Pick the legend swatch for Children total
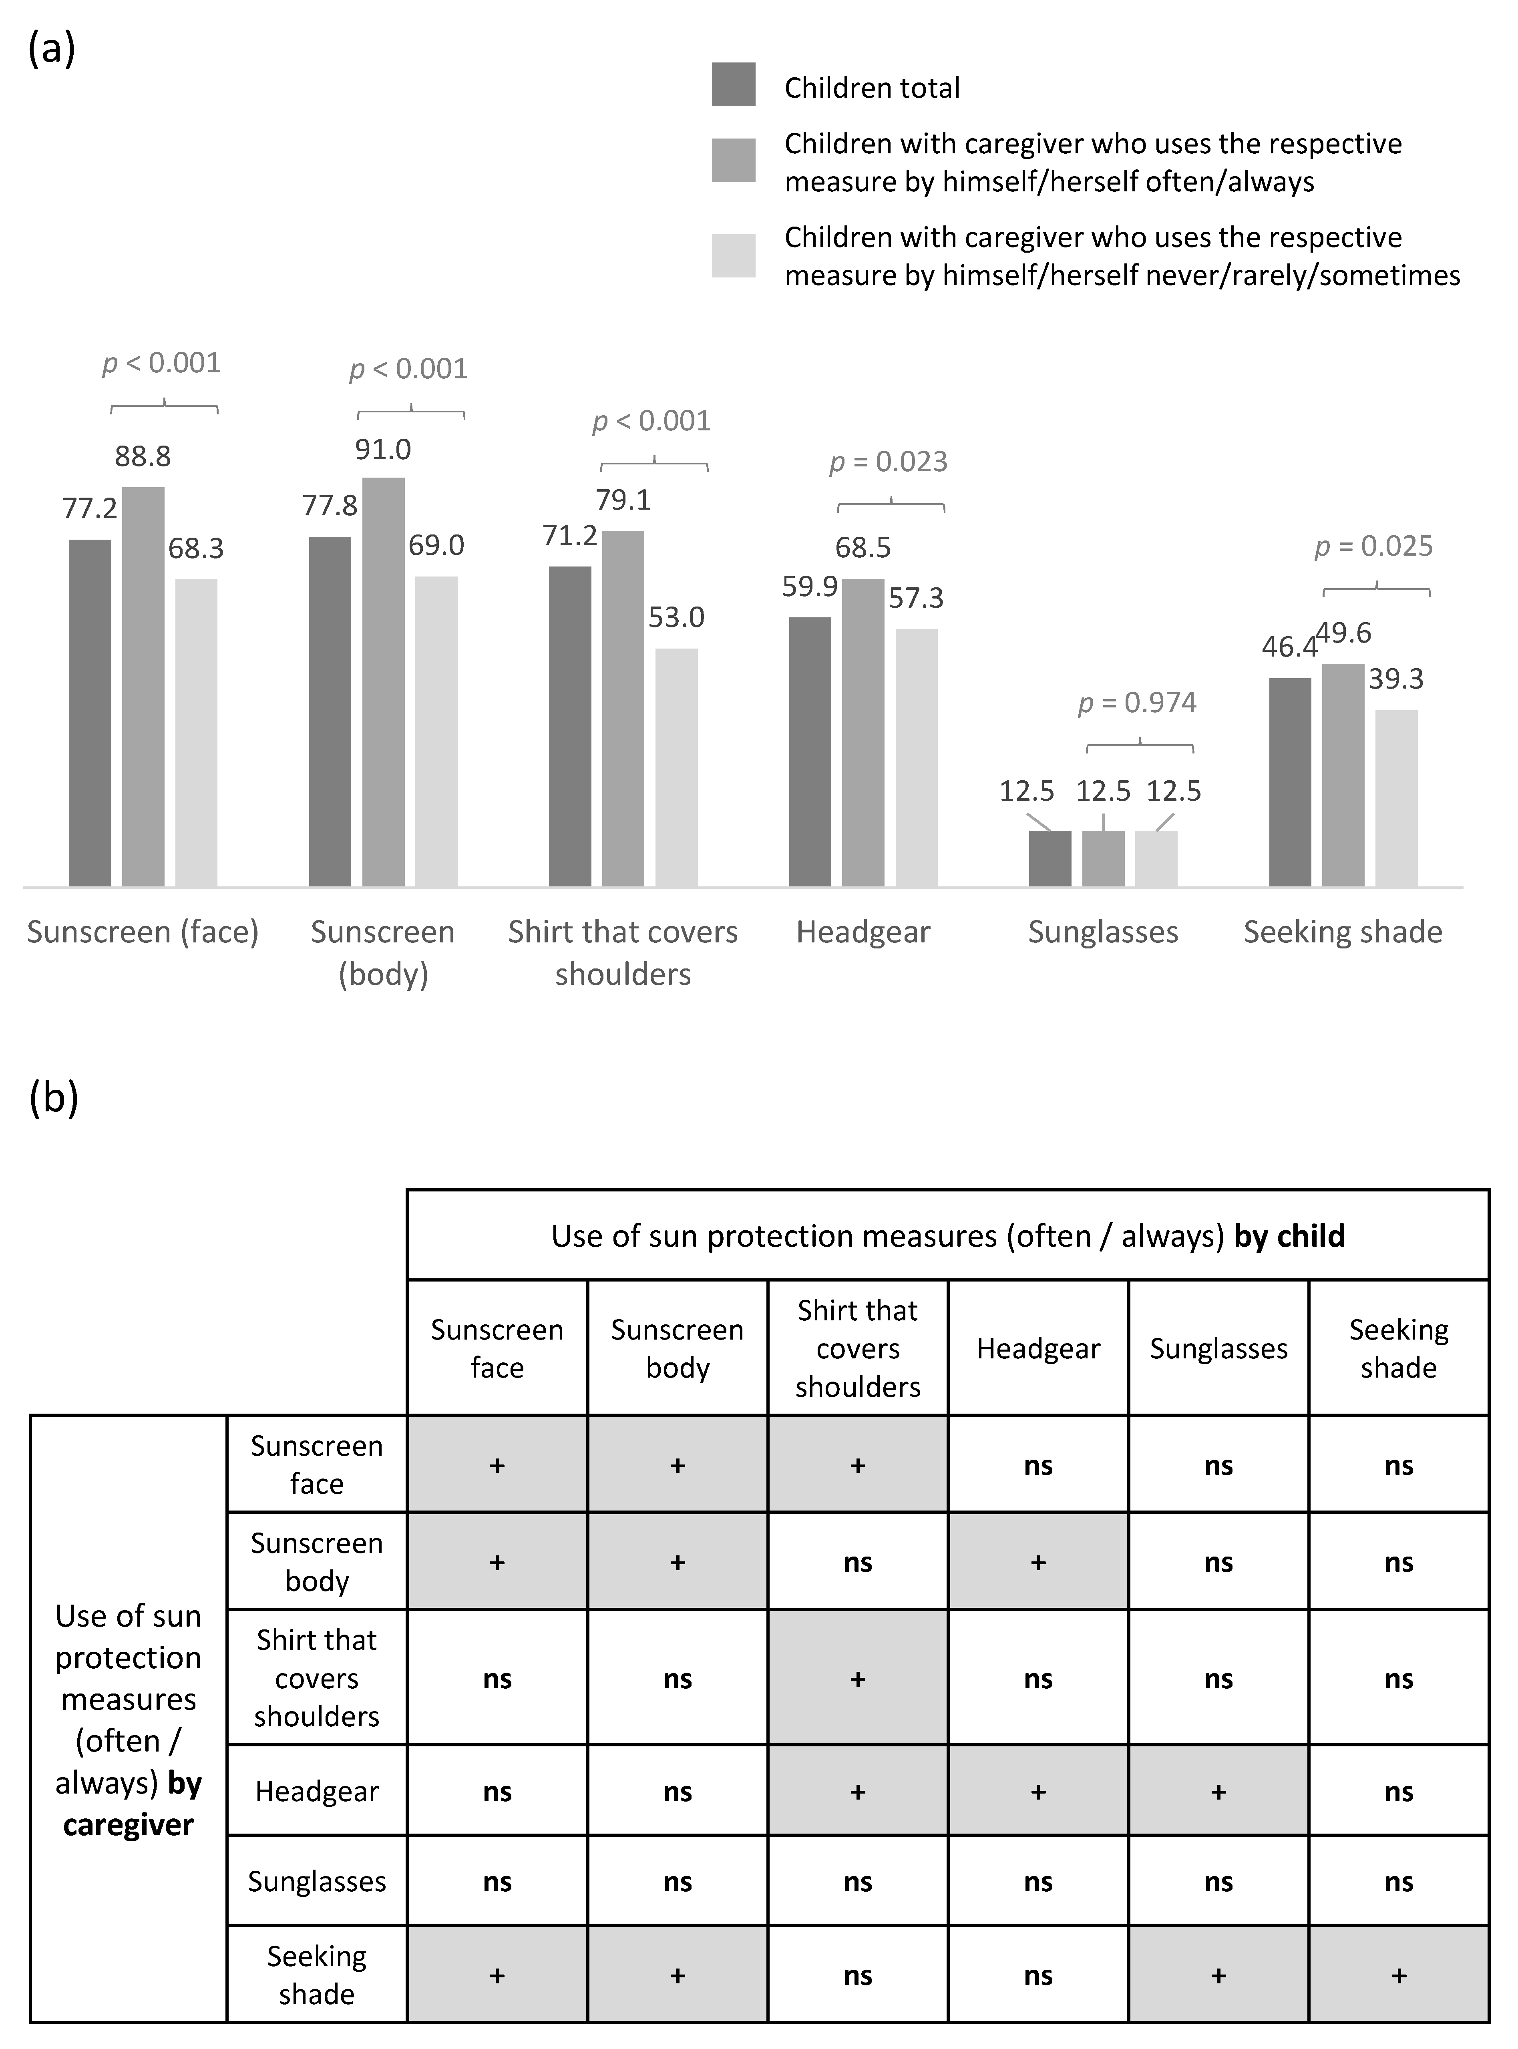tap(733, 84)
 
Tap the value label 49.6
tap(1343, 633)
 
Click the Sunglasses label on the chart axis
tap(1103, 932)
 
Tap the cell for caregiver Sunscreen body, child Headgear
tap(1038, 1562)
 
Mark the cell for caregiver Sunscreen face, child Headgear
tap(1038, 1466)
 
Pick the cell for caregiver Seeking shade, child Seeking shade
tap(1399, 1975)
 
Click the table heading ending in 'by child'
tap(947, 1236)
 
